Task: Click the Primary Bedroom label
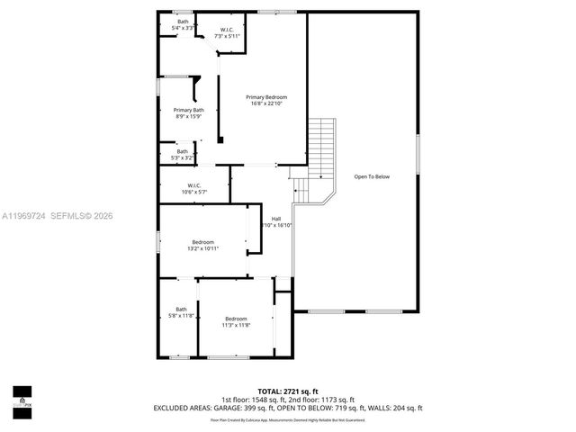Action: (267, 97)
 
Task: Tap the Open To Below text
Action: (372, 176)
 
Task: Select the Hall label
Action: (276, 218)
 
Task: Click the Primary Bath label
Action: (188, 110)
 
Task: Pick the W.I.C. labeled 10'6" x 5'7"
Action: (194, 186)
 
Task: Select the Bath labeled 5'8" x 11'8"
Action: (181, 312)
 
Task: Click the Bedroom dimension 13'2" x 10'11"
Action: (203, 248)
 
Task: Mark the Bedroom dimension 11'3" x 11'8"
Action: (236, 325)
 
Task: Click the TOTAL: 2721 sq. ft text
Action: (288, 392)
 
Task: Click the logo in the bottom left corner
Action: (22, 397)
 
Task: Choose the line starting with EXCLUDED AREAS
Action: (288, 408)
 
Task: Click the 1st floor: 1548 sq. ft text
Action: (253, 400)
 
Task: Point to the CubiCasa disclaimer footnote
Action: (288, 418)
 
